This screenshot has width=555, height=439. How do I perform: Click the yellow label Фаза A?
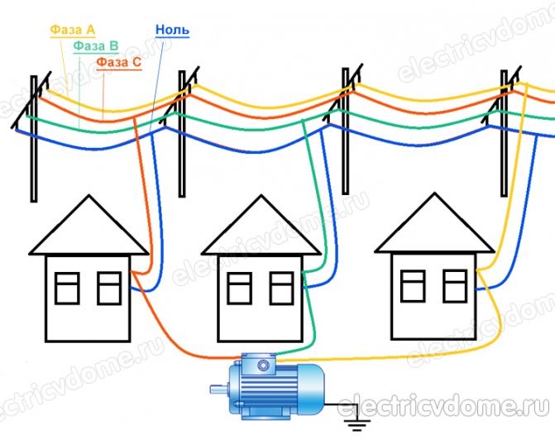coord(73,30)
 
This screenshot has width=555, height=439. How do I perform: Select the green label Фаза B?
coord(96,46)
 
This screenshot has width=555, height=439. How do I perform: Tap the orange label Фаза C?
coord(119,62)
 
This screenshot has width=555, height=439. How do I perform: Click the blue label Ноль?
coord(172,30)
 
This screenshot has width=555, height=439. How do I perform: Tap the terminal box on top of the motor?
coord(259,364)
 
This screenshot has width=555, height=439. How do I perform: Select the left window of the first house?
coord(67,289)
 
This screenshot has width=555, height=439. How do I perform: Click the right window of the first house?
coord(109,289)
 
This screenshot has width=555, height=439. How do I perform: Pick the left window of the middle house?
coord(240,289)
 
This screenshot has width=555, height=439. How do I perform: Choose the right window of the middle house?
coord(282,289)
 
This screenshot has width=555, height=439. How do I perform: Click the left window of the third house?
coord(413,286)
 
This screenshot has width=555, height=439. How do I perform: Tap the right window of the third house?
coord(455,286)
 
